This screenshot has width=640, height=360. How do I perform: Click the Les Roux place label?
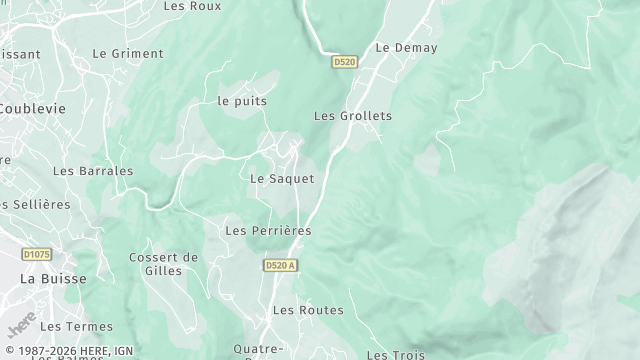(191, 6)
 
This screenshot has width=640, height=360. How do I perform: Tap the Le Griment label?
(127, 53)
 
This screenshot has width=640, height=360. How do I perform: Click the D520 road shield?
(345, 62)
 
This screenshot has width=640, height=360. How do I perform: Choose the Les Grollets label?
(353, 116)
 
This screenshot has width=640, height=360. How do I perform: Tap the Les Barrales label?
(93, 171)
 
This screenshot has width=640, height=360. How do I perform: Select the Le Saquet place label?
(282, 179)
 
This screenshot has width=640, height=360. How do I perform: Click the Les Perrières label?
(268, 231)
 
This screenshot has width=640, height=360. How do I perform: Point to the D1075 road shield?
(37, 255)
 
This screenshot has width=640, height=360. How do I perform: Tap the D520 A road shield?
(282, 265)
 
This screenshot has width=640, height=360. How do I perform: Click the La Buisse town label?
(53, 279)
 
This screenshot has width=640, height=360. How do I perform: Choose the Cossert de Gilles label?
(163, 264)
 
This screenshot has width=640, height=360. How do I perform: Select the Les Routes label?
(308, 311)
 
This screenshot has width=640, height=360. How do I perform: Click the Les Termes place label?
(77, 327)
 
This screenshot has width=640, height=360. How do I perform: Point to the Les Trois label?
(395, 354)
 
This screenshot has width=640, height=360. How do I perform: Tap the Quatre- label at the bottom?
(258, 349)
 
